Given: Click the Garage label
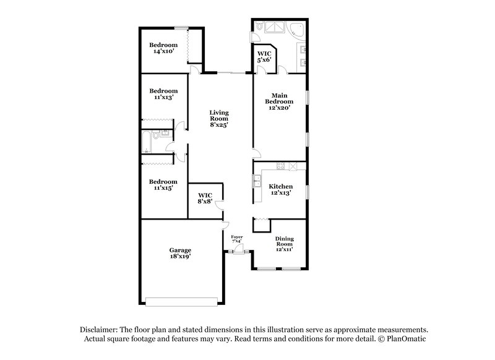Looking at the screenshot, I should click(181, 253).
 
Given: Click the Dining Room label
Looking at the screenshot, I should click(285, 244).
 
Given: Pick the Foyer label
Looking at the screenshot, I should click(236, 239).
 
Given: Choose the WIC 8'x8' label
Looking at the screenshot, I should click(205, 198).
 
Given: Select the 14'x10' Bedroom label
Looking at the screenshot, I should click(163, 48).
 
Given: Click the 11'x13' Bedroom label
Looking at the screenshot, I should click(163, 93).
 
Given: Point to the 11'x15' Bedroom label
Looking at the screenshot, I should click(163, 184).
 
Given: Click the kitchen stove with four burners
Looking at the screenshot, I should click(281, 166).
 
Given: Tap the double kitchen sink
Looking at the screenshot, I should click(256, 181).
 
